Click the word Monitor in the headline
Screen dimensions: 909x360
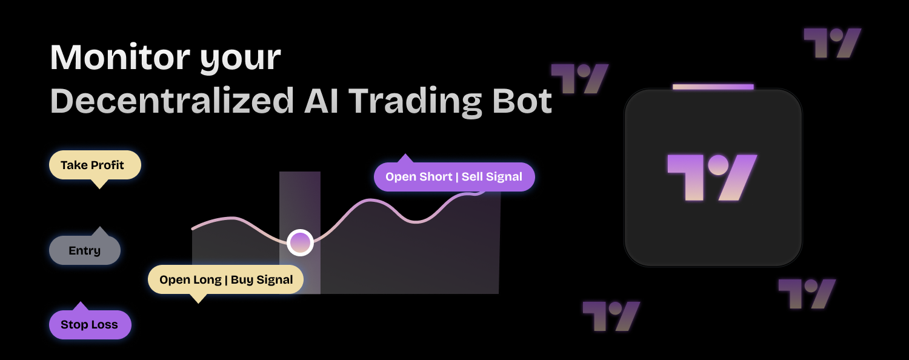pos(120,57)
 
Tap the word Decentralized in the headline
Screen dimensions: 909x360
pos(171,101)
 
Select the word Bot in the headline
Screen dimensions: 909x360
pos(522,101)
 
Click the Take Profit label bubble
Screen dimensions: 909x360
pos(95,165)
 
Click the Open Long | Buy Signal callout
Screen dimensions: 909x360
pos(225,279)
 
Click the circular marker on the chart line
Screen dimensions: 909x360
pos(300,242)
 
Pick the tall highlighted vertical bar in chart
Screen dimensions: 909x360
pos(300,233)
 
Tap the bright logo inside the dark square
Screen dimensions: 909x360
pos(712,178)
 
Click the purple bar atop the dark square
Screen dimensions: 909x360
pos(713,87)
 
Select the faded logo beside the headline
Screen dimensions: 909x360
pos(580,79)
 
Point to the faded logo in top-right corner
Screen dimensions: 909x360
pos(832,43)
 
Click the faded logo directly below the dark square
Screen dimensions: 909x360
pos(807,294)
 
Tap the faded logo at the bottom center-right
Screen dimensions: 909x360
pos(611,316)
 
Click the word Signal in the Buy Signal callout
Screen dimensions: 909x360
pos(275,280)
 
